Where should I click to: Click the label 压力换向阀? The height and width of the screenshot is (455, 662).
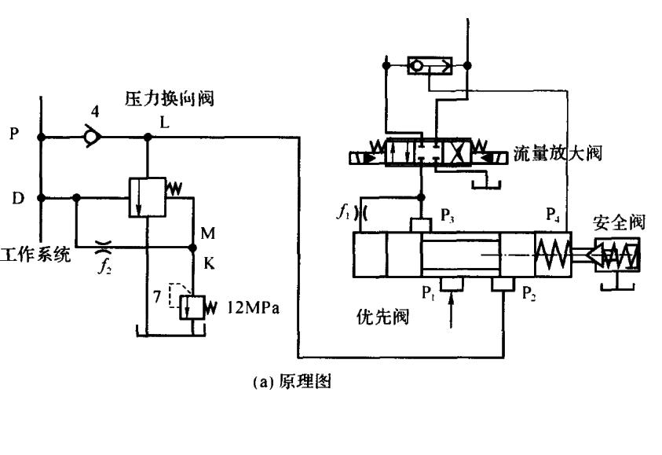170,99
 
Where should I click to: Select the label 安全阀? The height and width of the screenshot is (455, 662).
618,222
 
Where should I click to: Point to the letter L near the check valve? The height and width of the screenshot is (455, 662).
164,123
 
